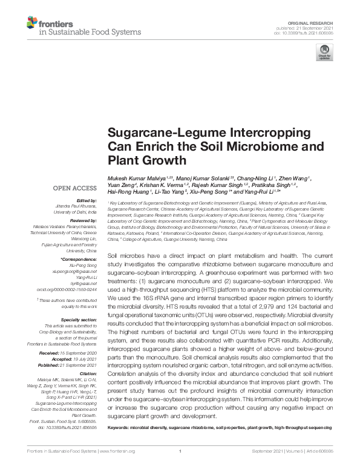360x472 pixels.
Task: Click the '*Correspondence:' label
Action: (80, 259)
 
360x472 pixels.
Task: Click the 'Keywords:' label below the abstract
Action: (119, 428)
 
